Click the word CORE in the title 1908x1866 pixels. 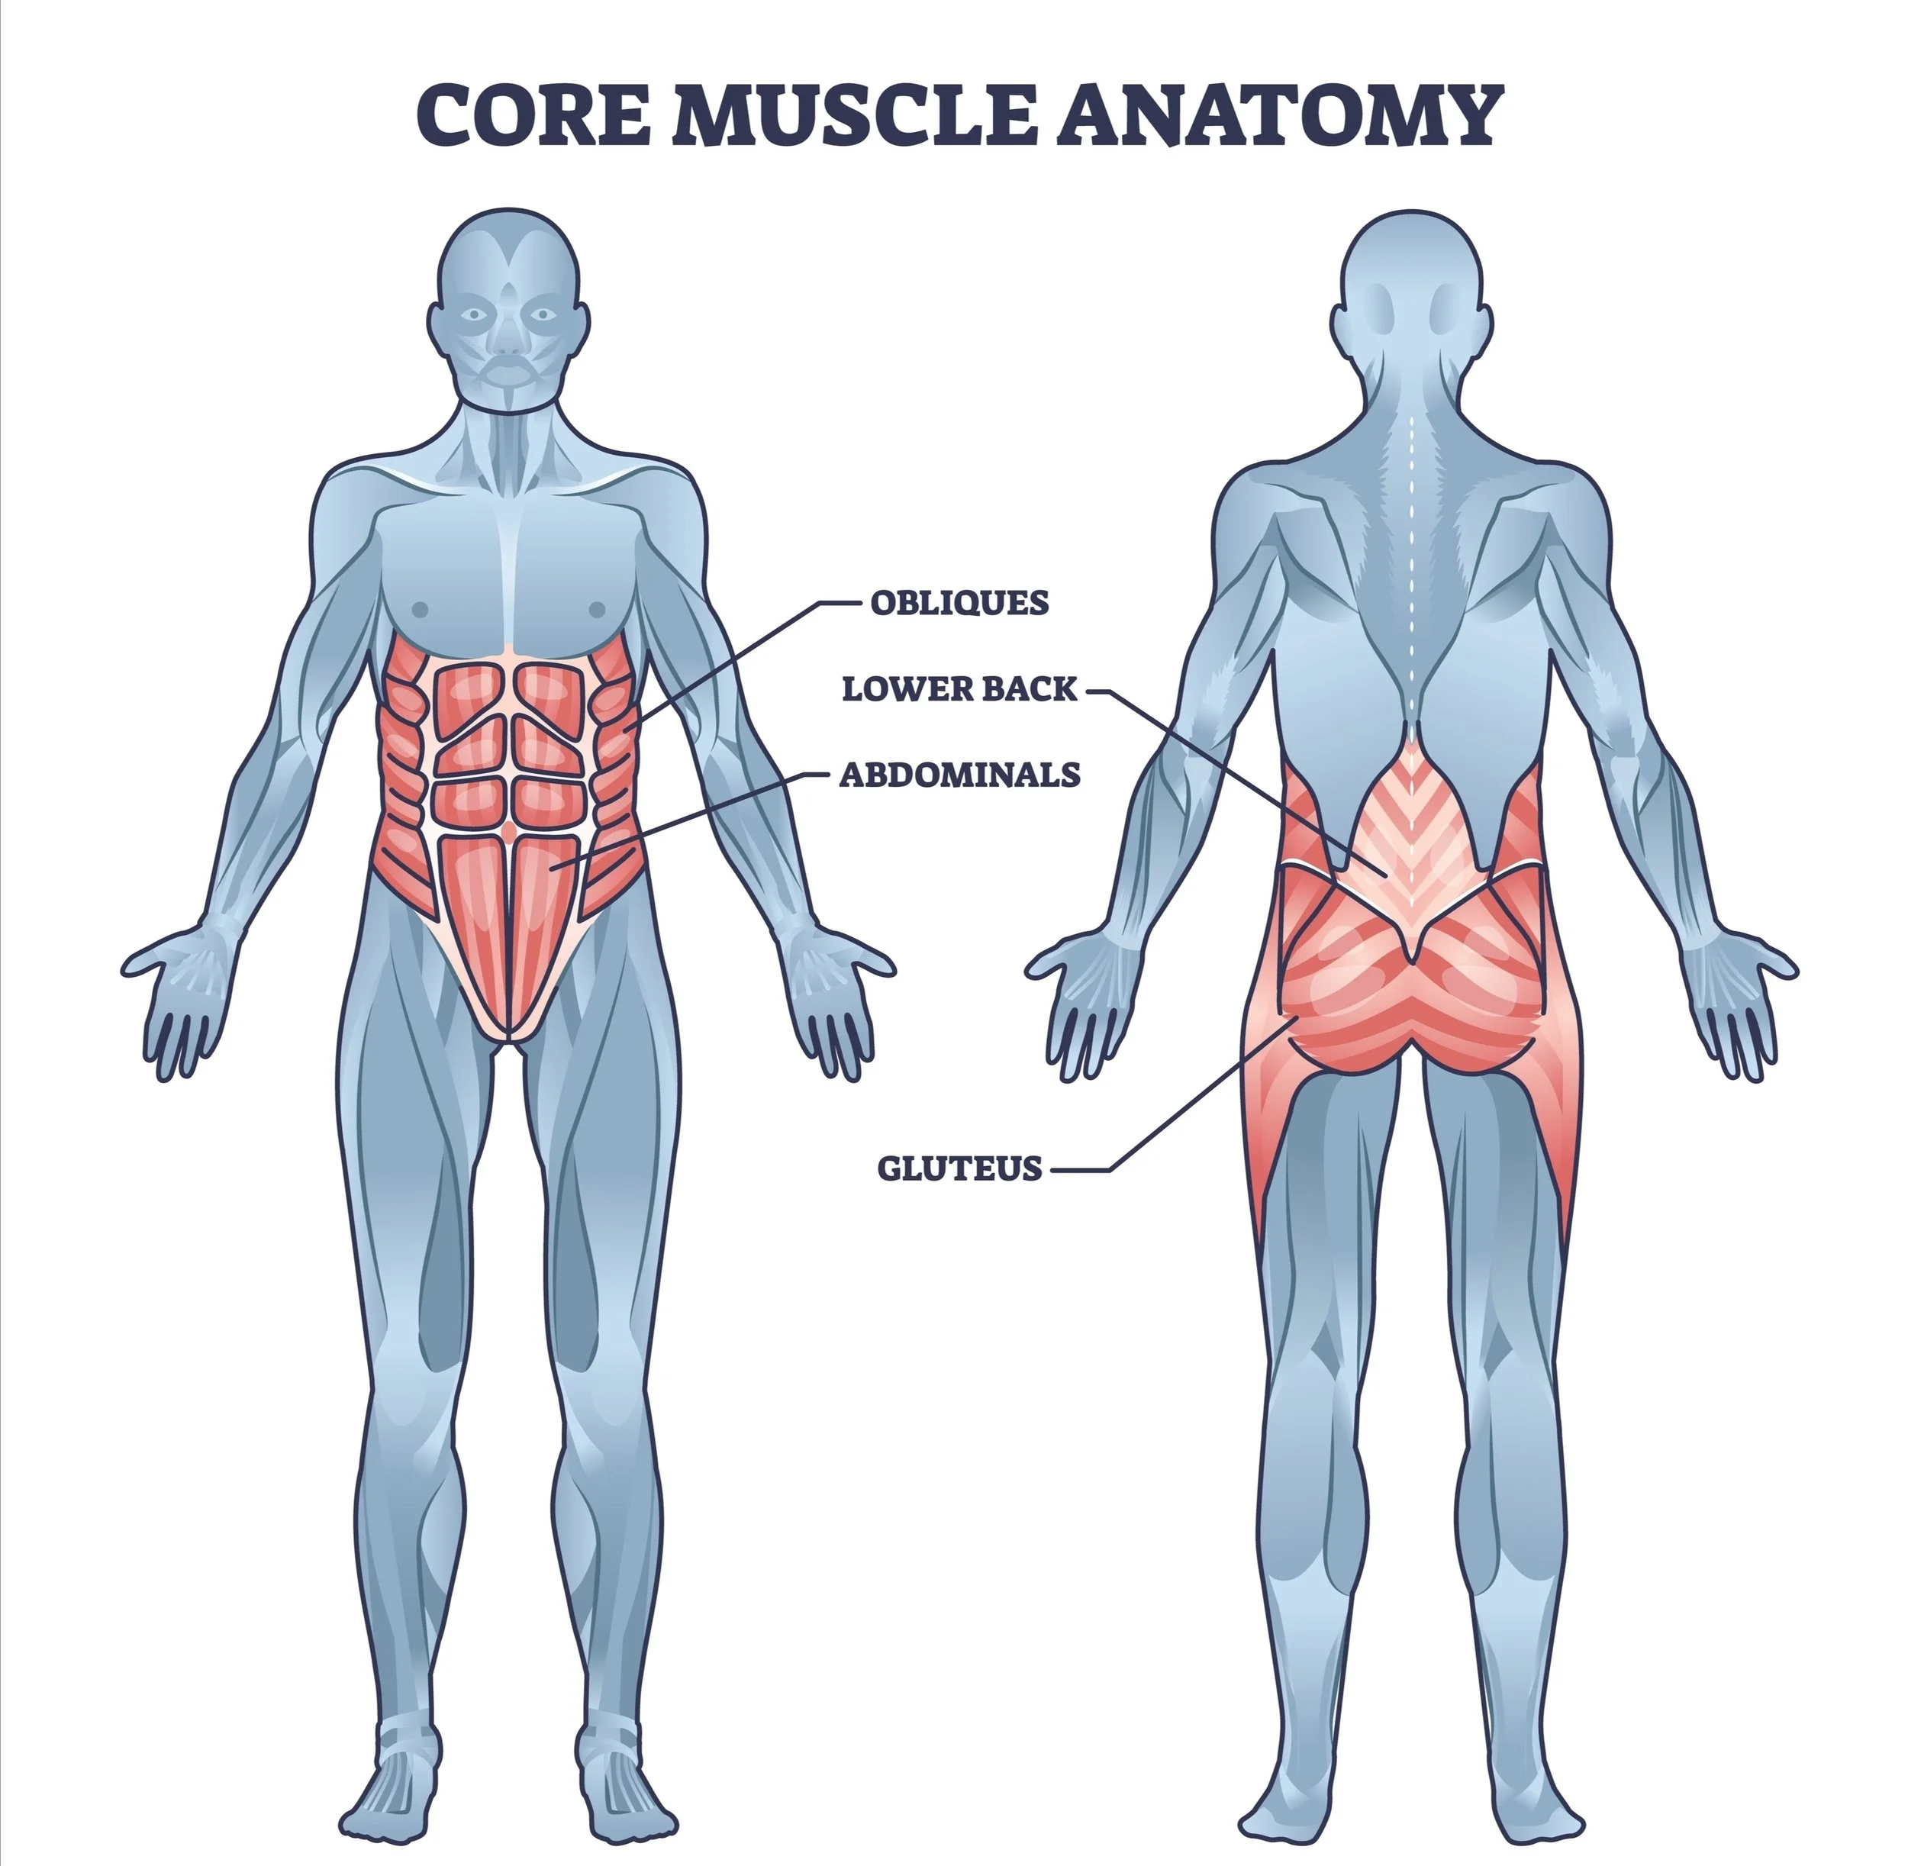pos(535,114)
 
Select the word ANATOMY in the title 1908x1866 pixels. pos(1279,114)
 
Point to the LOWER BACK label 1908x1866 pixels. pos(959,689)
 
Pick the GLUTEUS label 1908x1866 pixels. pos(959,1168)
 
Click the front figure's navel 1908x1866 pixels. pos(508,831)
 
